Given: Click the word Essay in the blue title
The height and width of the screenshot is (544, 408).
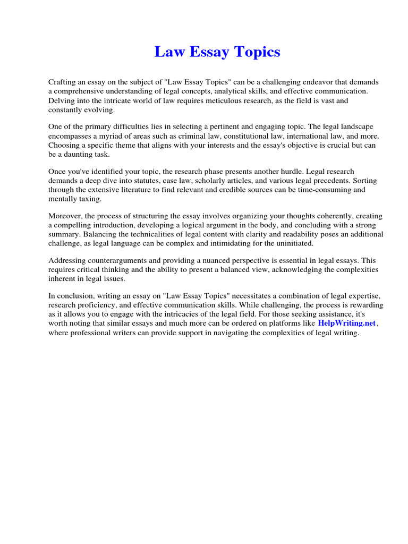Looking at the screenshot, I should pyautogui.click(x=208, y=53).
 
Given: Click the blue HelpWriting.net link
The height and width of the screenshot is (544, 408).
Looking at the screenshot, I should pyautogui.click(x=347, y=324).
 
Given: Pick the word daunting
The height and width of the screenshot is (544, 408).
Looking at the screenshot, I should pyautogui.click(x=86, y=154).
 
